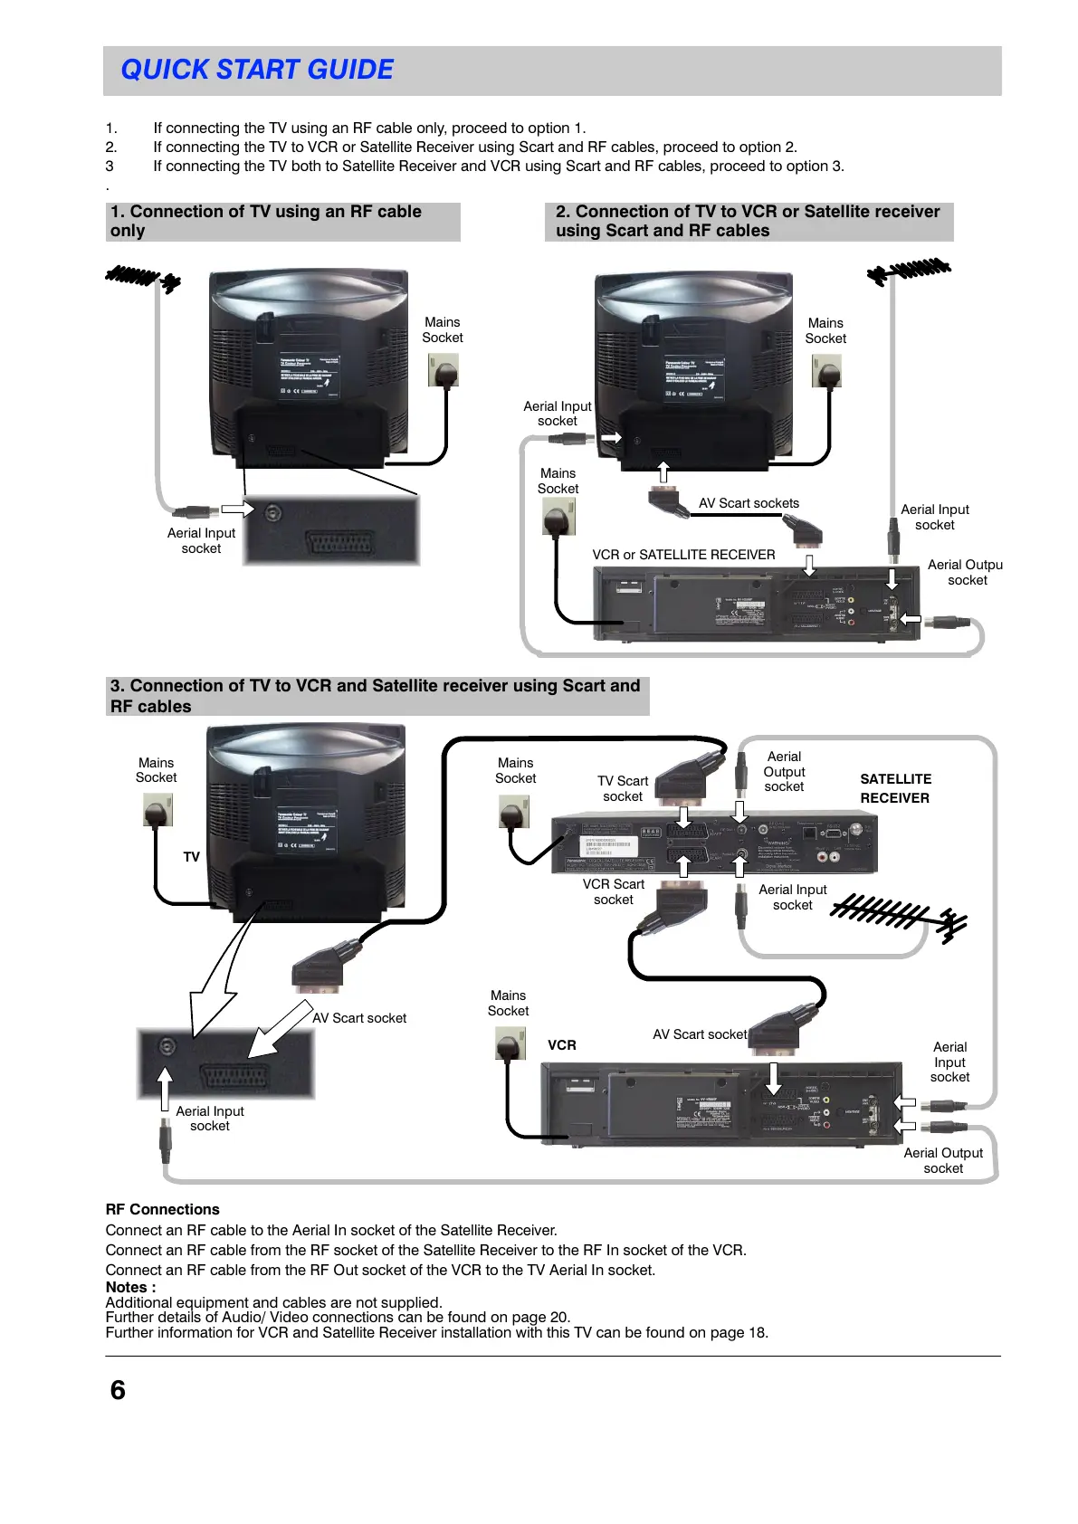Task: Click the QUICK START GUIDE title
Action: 257,70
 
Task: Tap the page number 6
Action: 118,1390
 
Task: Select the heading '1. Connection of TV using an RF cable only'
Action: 265,221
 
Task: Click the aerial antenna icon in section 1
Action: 143,277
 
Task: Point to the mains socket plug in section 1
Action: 444,370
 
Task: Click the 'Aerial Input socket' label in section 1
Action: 201,540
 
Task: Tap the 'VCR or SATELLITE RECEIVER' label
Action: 683,555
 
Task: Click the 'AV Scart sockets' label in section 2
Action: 749,503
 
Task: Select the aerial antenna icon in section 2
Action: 909,271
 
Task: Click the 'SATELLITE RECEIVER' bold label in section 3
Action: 895,788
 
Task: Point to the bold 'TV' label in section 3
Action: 191,857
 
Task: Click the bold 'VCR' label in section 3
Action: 562,1045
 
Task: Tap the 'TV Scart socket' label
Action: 623,788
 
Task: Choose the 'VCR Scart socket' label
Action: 614,891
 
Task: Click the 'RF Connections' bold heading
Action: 162,1209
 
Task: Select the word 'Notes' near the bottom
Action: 127,1287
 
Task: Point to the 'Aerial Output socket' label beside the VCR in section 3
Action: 943,1160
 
